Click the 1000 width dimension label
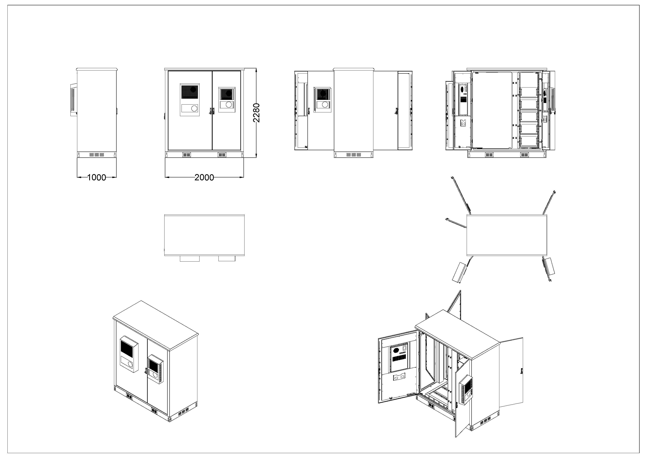click(97, 177)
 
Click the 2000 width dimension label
click(204, 177)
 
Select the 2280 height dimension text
click(256, 113)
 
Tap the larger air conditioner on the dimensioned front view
click(190, 100)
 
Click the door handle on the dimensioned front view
click(212, 111)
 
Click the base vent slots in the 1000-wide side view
click(97, 155)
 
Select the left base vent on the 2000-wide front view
click(187, 155)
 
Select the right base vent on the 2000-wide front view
click(222, 155)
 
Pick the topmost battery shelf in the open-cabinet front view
click(529, 92)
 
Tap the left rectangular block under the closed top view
click(190, 258)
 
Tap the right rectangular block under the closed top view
click(227, 258)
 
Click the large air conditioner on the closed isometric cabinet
click(129, 355)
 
